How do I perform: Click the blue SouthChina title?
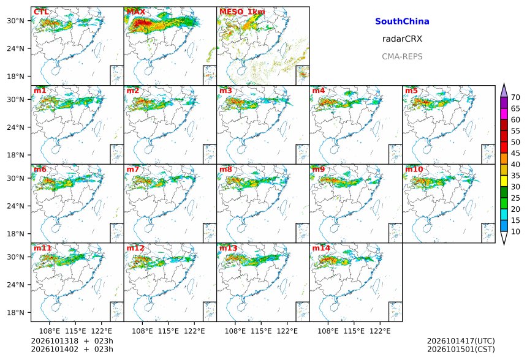click(402, 21)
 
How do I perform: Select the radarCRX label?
click(402, 39)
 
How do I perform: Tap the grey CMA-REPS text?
click(402, 56)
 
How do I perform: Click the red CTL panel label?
click(41, 12)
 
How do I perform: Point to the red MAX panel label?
click(136, 12)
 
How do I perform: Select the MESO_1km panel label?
click(242, 12)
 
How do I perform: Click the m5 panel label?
click(411, 91)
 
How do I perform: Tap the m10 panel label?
click(414, 169)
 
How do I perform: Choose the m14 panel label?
click(321, 248)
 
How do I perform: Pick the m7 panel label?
click(133, 169)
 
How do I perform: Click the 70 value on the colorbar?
click(515, 98)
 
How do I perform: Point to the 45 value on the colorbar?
click(515, 154)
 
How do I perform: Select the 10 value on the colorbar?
click(515, 231)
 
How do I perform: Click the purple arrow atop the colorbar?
click(504, 90)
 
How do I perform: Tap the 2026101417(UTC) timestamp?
click(461, 341)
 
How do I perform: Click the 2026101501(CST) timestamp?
click(461, 350)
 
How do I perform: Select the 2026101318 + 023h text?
click(72, 341)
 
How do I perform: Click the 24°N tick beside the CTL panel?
click(15, 49)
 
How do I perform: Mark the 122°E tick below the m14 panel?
click(380, 331)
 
